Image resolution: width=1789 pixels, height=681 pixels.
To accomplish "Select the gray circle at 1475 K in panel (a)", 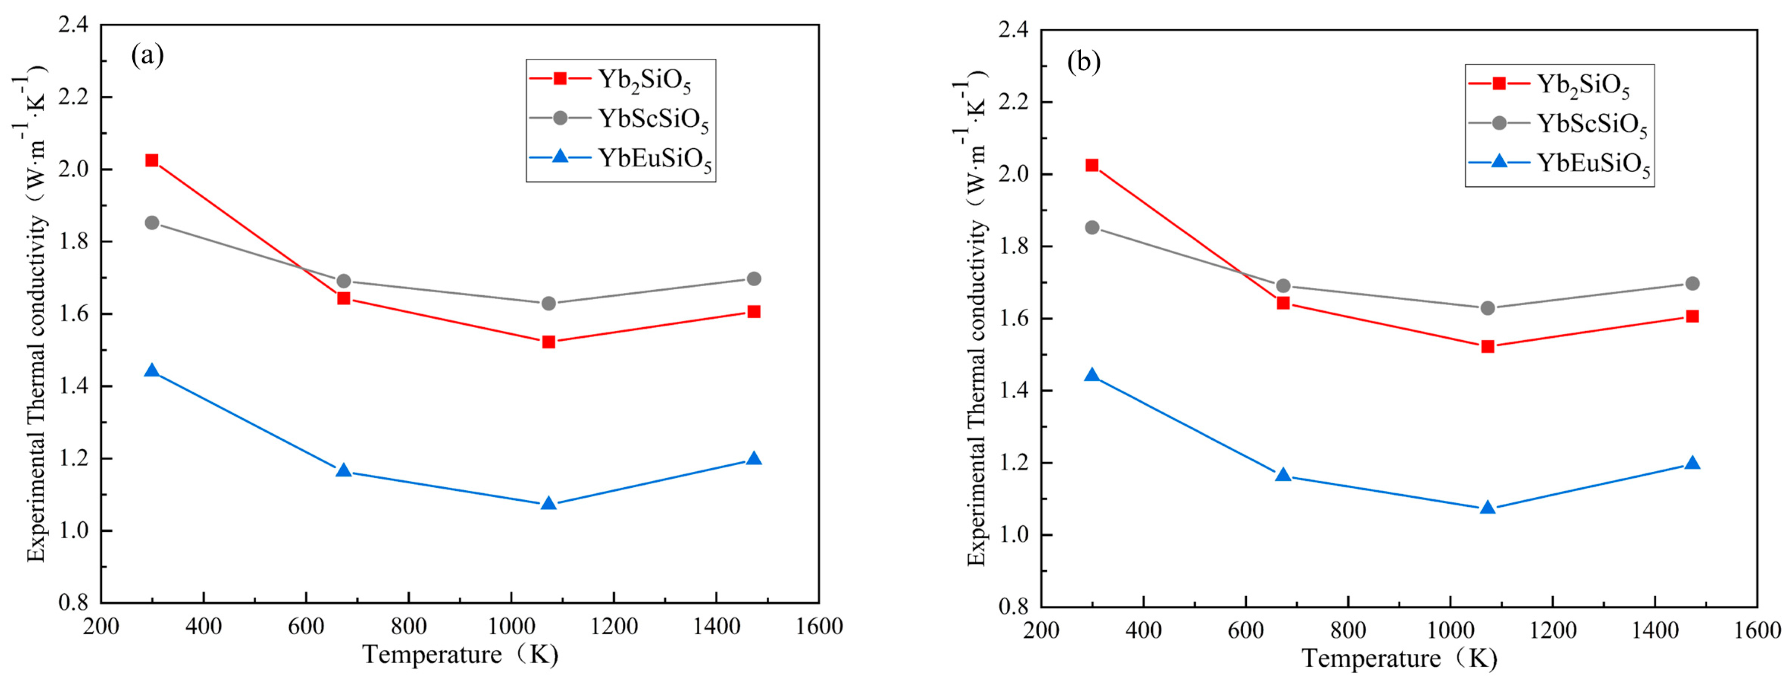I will (753, 278).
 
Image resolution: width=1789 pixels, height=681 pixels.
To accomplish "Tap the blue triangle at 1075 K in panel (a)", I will (549, 502).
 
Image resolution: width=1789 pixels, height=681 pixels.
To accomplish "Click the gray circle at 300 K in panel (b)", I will (1092, 228).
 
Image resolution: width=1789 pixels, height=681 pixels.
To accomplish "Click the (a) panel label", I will (147, 55).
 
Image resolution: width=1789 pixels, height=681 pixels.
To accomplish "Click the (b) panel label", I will (1083, 62).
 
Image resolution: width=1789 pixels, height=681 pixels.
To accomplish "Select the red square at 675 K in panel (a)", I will (343, 298).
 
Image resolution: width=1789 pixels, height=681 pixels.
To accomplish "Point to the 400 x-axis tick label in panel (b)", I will (1143, 631).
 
